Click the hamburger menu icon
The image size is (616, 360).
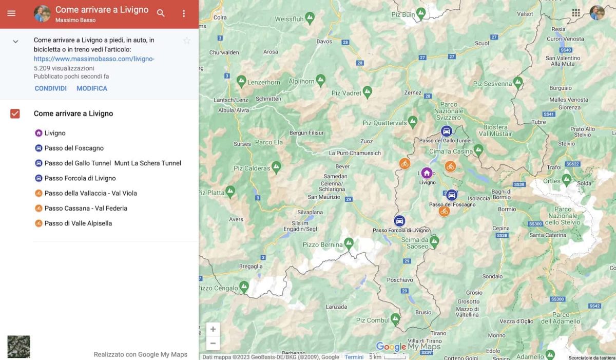click(11, 13)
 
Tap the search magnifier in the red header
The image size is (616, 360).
click(161, 13)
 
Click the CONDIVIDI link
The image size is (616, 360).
click(50, 88)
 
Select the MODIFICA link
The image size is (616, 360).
click(92, 88)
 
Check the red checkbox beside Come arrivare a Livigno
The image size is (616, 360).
click(15, 113)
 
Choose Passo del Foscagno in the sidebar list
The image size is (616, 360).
click(74, 148)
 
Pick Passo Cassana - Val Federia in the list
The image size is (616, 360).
click(86, 208)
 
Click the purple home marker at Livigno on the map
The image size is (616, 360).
click(427, 173)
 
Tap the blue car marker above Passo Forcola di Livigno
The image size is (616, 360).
click(399, 221)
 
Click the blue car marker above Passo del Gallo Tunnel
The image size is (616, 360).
click(447, 131)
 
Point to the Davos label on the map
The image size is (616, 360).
click(324, 42)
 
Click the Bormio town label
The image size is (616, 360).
click(507, 209)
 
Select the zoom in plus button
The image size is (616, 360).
click(213, 329)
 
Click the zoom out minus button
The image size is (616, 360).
click(213, 343)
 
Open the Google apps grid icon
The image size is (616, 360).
click(576, 13)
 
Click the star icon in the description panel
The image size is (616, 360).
click(187, 41)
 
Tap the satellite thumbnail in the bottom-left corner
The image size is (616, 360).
click(18, 347)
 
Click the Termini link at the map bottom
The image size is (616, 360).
click(354, 357)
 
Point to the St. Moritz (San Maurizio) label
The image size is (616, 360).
click(324, 197)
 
